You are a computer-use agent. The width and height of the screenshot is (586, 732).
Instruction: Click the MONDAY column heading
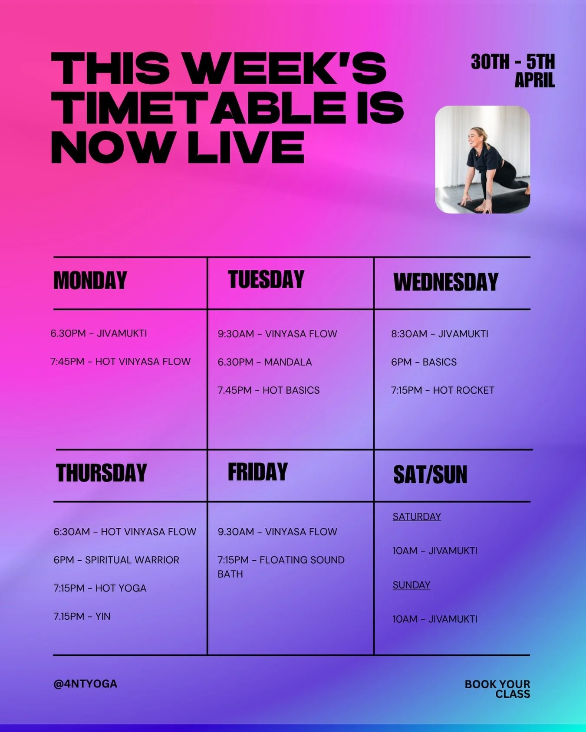[x=90, y=280]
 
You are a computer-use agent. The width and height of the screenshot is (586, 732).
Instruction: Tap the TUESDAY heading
[x=266, y=279]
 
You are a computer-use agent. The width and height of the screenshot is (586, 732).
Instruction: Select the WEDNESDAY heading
[x=446, y=282]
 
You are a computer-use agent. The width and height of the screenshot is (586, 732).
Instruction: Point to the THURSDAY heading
[x=102, y=473]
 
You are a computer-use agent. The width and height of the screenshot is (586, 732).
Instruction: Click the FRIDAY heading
[x=258, y=472]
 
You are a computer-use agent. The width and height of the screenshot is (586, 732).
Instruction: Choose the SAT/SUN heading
[x=430, y=474]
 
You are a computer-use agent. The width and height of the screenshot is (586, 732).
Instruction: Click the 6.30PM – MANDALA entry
[x=265, y=362]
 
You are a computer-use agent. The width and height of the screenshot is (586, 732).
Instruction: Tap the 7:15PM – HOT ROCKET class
[x=442, y=390]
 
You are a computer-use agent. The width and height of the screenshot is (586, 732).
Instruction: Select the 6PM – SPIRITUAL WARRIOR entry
[x=116, y=560]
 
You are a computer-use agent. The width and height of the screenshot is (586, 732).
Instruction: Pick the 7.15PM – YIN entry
[x=82, y=616]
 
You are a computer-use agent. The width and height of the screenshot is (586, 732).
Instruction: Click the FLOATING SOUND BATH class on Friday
[x=281, y=566]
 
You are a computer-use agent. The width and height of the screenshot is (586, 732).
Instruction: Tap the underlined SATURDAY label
[x=417, y=516]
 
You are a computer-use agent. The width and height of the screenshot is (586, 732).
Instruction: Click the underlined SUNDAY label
[x=411, y=585]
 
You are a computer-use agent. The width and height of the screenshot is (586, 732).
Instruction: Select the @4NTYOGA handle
[x=85, y=684]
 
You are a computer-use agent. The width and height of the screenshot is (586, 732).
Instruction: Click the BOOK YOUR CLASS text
[x=498, y=689]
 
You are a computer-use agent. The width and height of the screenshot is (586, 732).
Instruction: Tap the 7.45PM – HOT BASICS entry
[x=269, y=390]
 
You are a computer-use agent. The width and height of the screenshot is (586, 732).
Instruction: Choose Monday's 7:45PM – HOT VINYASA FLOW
[x=121, y=362]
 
